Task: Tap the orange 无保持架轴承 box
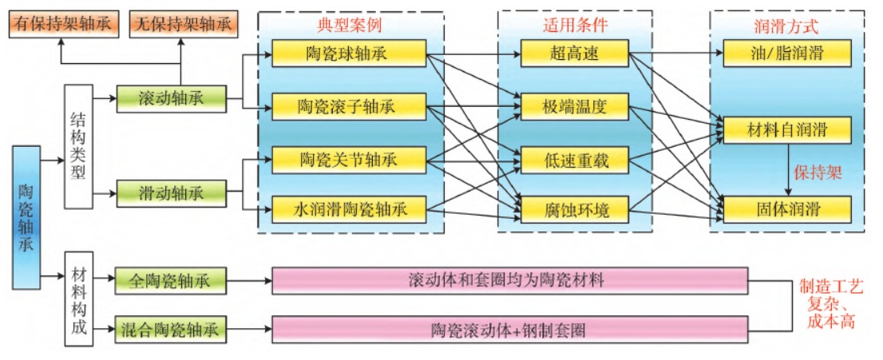click(184, 24)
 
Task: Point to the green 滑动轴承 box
click(170, 193)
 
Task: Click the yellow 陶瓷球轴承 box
click(349, 54)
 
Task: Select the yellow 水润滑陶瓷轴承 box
click(349, 211)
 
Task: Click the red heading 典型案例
click(349, 25)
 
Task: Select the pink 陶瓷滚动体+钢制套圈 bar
click(510, 329)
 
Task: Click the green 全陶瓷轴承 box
click(170, 281)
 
